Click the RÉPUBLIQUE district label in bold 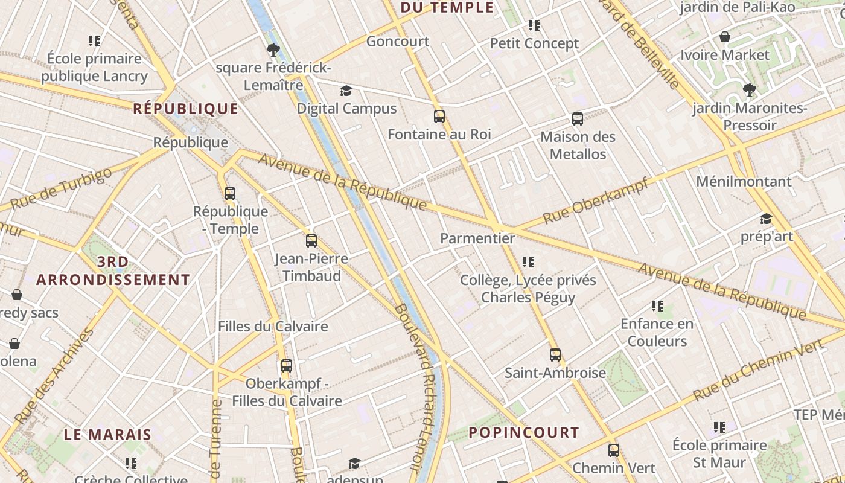(185, 109)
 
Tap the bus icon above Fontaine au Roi (439, 117)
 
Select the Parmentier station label (477, 238)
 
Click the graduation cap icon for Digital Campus (346, 91)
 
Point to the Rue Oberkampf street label (596, 201)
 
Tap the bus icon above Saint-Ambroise (555, 355)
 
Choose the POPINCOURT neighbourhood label (524, 432)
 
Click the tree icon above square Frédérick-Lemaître (273, 50)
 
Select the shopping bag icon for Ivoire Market (725, 37)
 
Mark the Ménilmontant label (744, 181)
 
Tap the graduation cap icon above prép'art (766, 219)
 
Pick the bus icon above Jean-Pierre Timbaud (311, 241)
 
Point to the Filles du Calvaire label (273, 327)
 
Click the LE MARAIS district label (107, 435)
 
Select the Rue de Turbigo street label (62, 188)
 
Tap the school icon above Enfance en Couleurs (657, 306)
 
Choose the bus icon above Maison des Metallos (578, 119)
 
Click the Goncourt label (398, 42)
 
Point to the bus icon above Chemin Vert (614, 450)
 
